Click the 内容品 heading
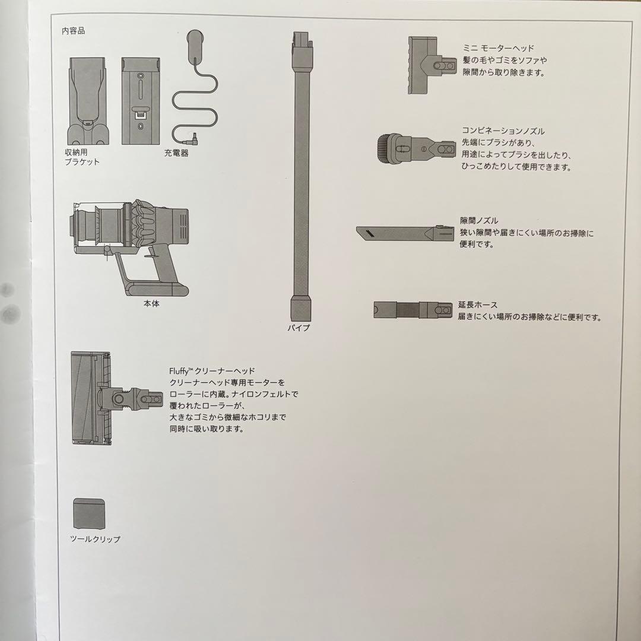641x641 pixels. point(73,31)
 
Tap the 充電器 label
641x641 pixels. point(176,153)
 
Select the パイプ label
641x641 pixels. point(299,328)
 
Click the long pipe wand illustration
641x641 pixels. point(301,178)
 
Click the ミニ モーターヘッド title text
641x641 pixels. point(498,49)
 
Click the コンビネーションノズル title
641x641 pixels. point(503,131)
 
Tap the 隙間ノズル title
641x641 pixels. point(479,221)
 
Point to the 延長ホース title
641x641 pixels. point(477,304)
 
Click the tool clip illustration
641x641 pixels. point(89,514)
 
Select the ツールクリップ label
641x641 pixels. point(95,540)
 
